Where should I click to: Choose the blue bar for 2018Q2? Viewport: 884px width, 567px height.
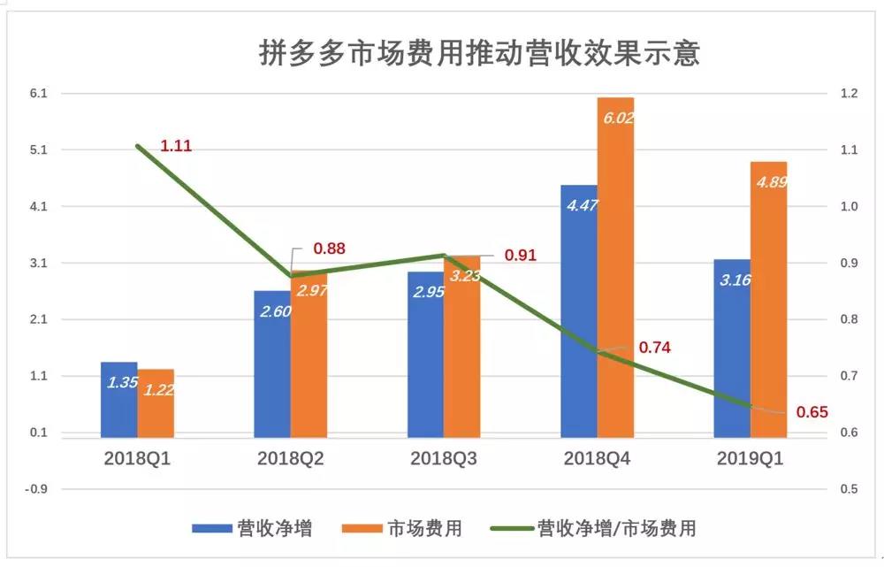click(272, 364)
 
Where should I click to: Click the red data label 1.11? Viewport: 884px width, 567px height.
click(176, 146)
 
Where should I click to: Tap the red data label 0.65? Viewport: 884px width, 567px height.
click(812, 411)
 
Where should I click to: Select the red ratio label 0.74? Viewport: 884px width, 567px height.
click(653, 348)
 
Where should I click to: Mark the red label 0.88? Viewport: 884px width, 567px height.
click(329, 249)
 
